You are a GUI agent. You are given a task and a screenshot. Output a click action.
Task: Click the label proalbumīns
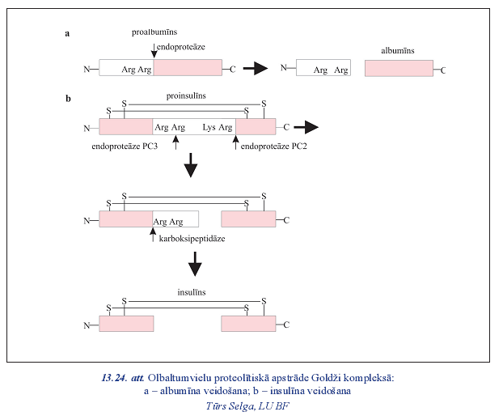pyautogui.click(x=154, y=32)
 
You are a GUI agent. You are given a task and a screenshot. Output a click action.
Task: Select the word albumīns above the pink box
pyautogui.click(x=398, y=50)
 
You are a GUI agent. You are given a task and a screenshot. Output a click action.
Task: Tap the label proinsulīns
pyautogui.click(x=186, y=96)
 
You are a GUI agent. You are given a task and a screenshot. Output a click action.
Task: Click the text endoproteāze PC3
pyautogui.click(x=127, y=146)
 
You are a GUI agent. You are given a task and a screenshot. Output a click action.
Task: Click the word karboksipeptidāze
pyautogui.click(x=192, y=240)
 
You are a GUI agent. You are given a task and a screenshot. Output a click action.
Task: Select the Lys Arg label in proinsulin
pyautogui.click(x=218, y=128)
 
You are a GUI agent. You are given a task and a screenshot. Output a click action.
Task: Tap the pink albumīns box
pyautogui.click(x=399, y=69)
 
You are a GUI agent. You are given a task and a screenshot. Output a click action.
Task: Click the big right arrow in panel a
pyautogui.click(x=256, y=69)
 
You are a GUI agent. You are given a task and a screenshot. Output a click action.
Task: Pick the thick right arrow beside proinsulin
pyautogui.click(x=306, y=127)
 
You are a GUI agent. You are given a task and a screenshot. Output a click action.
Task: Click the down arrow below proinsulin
pyautogui.click(x=191, y=168)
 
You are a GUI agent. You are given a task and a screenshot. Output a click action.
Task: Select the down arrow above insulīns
pyautogui.click(x=193, y=265)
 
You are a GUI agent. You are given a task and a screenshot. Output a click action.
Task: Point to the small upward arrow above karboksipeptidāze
pyautogui.click(x=153, y=235)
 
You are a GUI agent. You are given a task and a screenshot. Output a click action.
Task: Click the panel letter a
pyautogui.click(x=68, y=33)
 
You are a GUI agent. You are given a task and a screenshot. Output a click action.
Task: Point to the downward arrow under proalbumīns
pyautogui.click(x=154, y=50)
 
